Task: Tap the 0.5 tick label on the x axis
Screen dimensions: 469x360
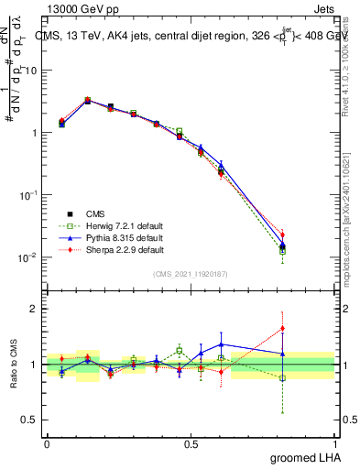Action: [x=191, y=443]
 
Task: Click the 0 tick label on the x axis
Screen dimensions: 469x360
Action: [x=47, y=443]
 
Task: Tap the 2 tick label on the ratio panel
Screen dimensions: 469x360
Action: [x=37, y=309]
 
